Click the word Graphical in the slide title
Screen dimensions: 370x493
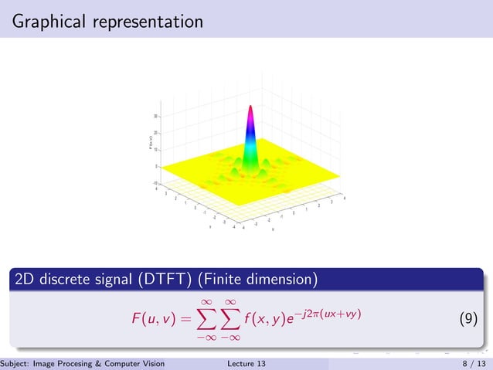50,22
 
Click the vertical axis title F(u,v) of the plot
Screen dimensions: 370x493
151,142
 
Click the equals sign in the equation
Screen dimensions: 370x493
186,318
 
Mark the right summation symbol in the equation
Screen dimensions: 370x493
229,317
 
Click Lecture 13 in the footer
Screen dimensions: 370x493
246,363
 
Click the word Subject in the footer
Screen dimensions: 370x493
15,363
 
